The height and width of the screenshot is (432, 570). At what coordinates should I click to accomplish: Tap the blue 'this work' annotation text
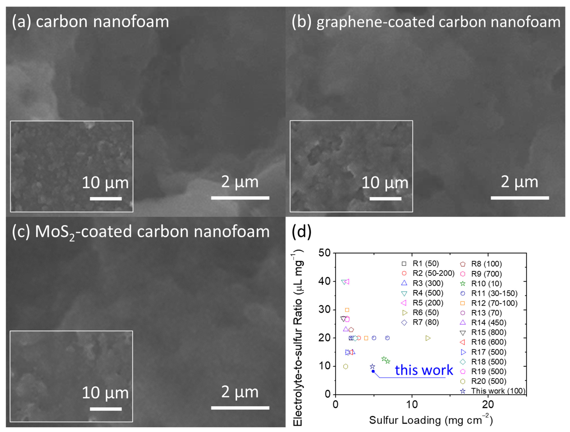pyautogui.click(x=424, y=370)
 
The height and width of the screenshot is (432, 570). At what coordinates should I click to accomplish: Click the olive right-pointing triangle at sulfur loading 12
pyautogui.click(x=428, y=338)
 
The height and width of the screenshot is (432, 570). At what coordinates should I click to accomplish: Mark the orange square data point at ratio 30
pyautogui.click(x=347, y=310)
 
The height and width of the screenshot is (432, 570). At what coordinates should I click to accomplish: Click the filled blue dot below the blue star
pyautogui.click(x=373, y=371)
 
